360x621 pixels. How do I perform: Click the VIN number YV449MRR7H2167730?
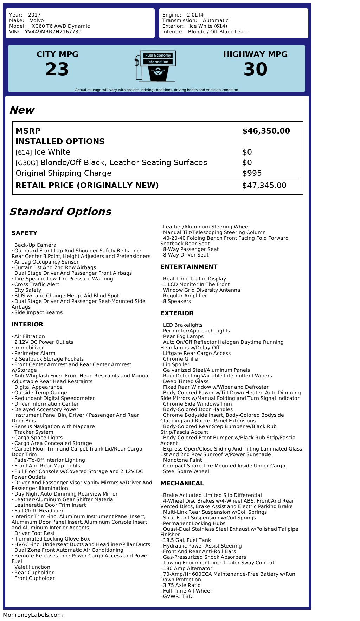point(53,32)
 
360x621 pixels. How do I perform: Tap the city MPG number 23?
point(57,69)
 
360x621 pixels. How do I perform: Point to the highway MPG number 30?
point(255,69)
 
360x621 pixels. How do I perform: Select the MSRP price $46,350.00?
point(266,131)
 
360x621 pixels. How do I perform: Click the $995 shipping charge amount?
point(252,173)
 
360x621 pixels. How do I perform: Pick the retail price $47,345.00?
point(264,186)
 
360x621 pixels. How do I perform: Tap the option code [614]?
point(24,153)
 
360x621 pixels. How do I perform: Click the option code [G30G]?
point(27,163)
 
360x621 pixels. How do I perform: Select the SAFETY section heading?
point(24,233)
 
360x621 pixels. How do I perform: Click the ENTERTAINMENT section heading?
point(189,267)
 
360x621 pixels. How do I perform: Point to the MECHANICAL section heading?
point(182,483)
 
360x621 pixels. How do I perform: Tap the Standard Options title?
point(60,212)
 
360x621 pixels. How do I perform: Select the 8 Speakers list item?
point(177,301)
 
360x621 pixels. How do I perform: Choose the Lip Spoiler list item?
point(176,364)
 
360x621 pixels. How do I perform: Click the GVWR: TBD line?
point(178,596)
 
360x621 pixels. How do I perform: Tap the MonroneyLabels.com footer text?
point(33,615)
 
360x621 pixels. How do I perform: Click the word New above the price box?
point(22,110)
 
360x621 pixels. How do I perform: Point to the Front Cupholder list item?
point(34,578)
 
